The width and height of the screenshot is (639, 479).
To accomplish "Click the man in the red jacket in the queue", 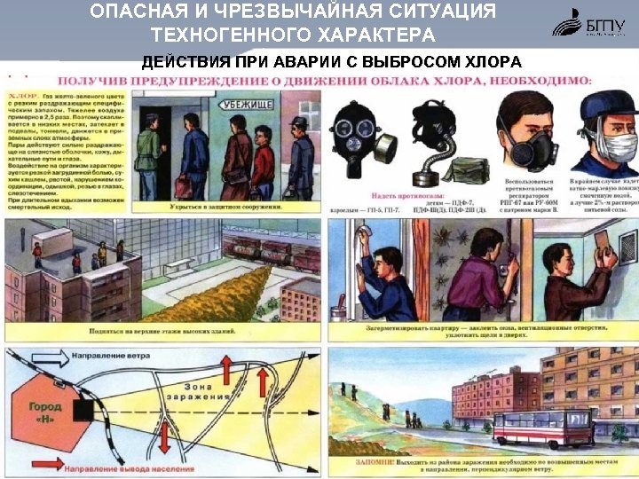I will click(x=262, y=160).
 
